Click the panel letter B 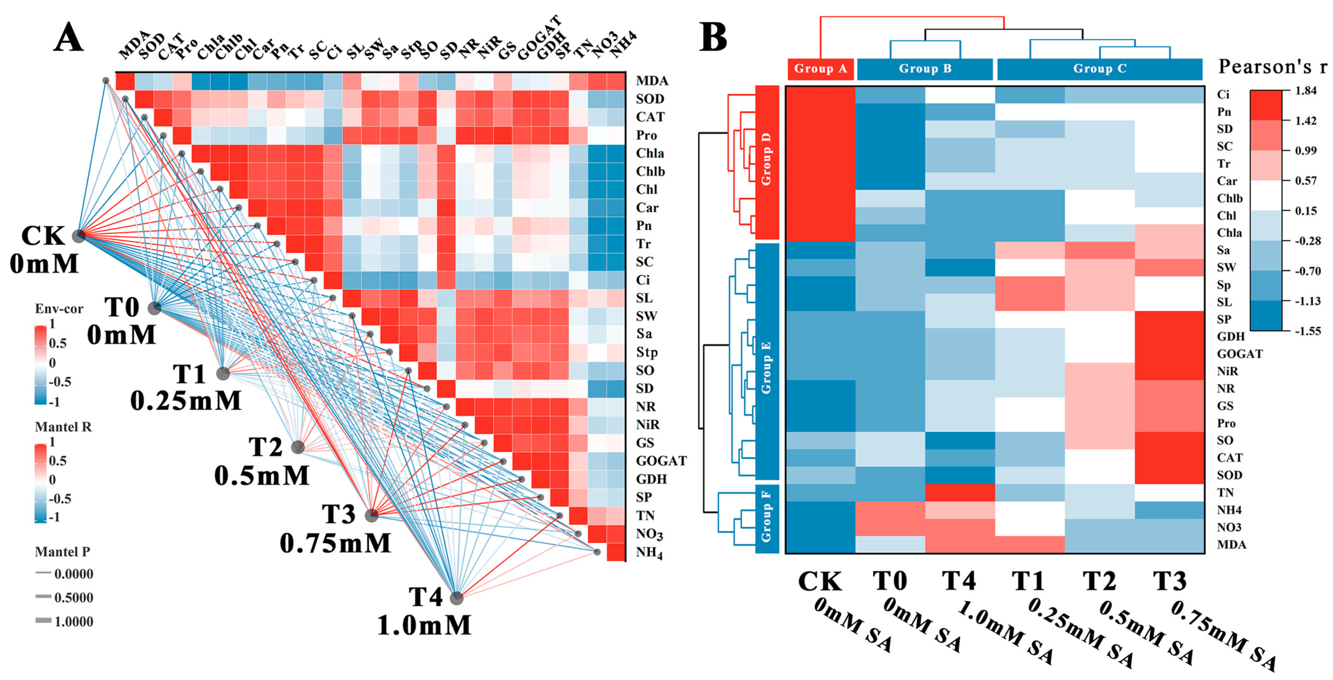click(713, 37)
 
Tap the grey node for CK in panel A click(78, 236)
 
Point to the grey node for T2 click(298, 447)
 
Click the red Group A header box click(820, 69)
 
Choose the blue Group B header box click(925, 69)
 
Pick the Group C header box click(1100, 69)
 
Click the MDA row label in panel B click(1231, 544)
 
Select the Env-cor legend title click(59, 309)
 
